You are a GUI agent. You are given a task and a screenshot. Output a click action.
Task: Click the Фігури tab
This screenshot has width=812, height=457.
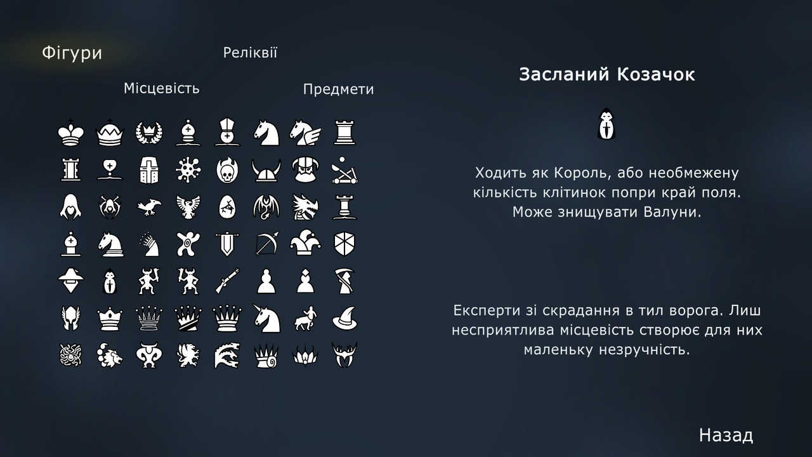tap(72, 53)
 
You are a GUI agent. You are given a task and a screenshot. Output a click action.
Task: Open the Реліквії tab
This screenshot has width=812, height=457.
tap(250, 53)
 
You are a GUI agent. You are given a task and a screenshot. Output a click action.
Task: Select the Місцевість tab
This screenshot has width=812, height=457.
tap(161, 88)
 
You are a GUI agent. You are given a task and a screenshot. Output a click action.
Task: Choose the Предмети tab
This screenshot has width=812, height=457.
tap(338, 89)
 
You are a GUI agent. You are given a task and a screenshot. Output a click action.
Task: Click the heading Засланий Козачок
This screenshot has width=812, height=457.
tap(606, 74)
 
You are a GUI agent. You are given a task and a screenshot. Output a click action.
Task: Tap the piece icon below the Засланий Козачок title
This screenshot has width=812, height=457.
tap(607, 124)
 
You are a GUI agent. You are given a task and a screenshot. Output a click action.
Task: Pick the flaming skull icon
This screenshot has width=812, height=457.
tap(226, 170)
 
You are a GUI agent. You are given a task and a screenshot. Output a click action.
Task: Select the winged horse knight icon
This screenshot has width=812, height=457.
tap(305, 132)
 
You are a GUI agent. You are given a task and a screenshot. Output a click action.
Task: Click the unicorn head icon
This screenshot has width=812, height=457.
tap(266, 317)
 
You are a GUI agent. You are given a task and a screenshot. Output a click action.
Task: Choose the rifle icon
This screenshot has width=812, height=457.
tap(226, 281)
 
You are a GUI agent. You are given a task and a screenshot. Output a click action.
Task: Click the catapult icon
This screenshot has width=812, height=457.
tap(344, 170)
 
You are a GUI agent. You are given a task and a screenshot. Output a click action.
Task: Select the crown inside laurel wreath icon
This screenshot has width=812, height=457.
tap(148, 132)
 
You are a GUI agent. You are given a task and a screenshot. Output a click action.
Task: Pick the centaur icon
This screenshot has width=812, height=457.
tap(305, 318)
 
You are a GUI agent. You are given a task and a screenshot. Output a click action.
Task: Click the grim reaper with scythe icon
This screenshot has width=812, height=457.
tap(344, 281)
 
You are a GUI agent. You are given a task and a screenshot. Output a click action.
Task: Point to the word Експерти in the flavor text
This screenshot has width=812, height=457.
tap(485, 311)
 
